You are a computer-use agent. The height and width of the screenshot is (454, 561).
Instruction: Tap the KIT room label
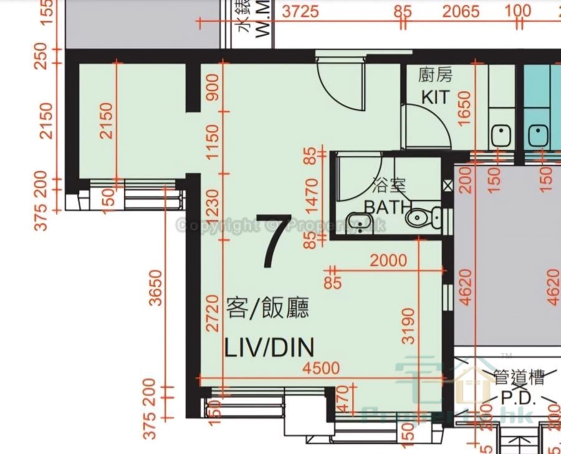pyautogui.click(x=435, y=97)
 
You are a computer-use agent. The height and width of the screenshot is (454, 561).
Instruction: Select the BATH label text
pyautogui.click(x=388, y=207)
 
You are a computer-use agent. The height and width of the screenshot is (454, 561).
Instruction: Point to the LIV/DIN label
pyautogui.click(x=269, y=347)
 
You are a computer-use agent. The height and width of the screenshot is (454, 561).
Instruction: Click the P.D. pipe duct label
pyautogui.click(x=519, y=397)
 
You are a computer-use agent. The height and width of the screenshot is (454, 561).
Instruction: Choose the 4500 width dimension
pyautogui.click(x=322, y=367)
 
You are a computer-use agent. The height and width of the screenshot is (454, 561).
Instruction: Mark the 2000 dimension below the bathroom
pyautogui.click(x=388, y=260)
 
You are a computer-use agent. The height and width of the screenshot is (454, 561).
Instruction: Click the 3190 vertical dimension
pyautogui.click(x=408, y=325)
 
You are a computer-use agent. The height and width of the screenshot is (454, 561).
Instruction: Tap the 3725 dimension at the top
pyautogui.click(x=300, y=11)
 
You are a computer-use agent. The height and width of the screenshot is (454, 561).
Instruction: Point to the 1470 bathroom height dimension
pyautogui.click(x=313, y=195)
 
